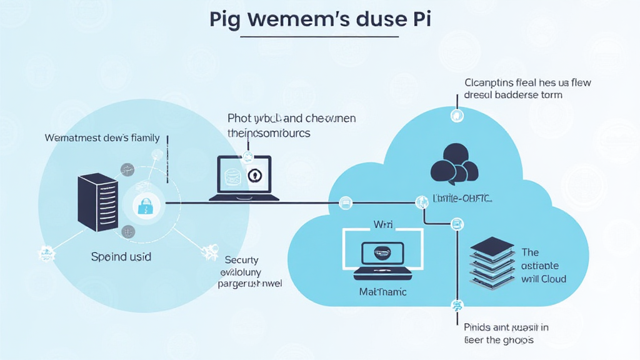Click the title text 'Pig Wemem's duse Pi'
click(x=319, y=19)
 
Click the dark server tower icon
click(x=97, y=203)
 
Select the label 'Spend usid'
click(x=121, y=256)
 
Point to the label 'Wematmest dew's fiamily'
click(x=102, y=137)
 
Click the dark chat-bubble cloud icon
click(x=454, y=162)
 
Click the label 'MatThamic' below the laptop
click(x=382, y=291)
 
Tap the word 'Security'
click(x=241, y=260)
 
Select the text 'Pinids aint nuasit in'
click(x=506, y=326)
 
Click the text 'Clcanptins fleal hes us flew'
click(x=527, y=82)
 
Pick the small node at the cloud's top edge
click(x=457, y=116)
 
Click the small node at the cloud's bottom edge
click(x=456, y=305)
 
